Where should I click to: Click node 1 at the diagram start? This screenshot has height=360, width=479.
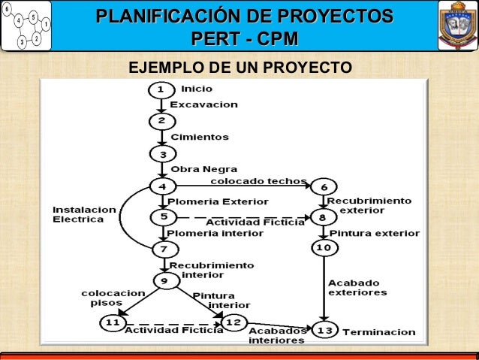point(159,89)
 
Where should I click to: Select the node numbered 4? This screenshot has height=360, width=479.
point(162,186)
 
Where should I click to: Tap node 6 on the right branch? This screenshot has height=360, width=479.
point(323,186)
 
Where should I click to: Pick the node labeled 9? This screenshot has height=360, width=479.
point(164,281)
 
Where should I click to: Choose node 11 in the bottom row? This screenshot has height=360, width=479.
point(112,323)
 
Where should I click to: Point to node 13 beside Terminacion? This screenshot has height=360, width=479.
point(325,331)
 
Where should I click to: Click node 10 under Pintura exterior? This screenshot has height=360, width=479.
point(323,247)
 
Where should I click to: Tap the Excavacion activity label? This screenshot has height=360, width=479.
point(203,104)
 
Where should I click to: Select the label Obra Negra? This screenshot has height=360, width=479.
point(203,169)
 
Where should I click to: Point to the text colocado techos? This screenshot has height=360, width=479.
point(258,181)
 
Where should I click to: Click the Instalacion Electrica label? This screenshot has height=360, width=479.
point(84,213)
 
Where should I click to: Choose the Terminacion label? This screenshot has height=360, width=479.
point(378,331)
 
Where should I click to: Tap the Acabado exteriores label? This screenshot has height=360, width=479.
point(357,288)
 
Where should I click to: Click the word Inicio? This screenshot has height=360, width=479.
point(197,89)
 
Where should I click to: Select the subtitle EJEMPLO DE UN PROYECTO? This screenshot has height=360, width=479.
point(239,68)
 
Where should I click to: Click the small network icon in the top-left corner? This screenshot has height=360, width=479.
point(26,26)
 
